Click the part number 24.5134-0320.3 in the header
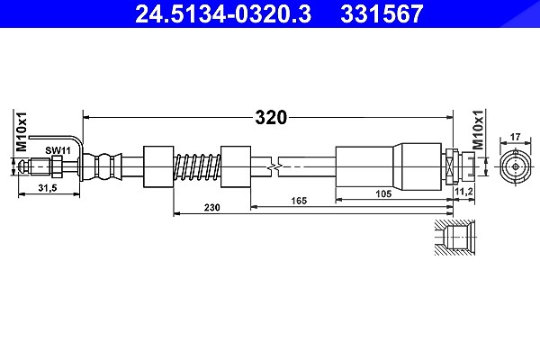[223, 13]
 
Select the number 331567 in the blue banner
[382, 13]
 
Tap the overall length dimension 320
[271, 118]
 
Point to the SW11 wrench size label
[58, 150]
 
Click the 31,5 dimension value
[48, 188]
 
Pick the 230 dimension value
[211, 207]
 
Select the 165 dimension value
[299, 201]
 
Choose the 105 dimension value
[383, 193]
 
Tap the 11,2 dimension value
[464, 192]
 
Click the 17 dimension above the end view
[515, 137]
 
